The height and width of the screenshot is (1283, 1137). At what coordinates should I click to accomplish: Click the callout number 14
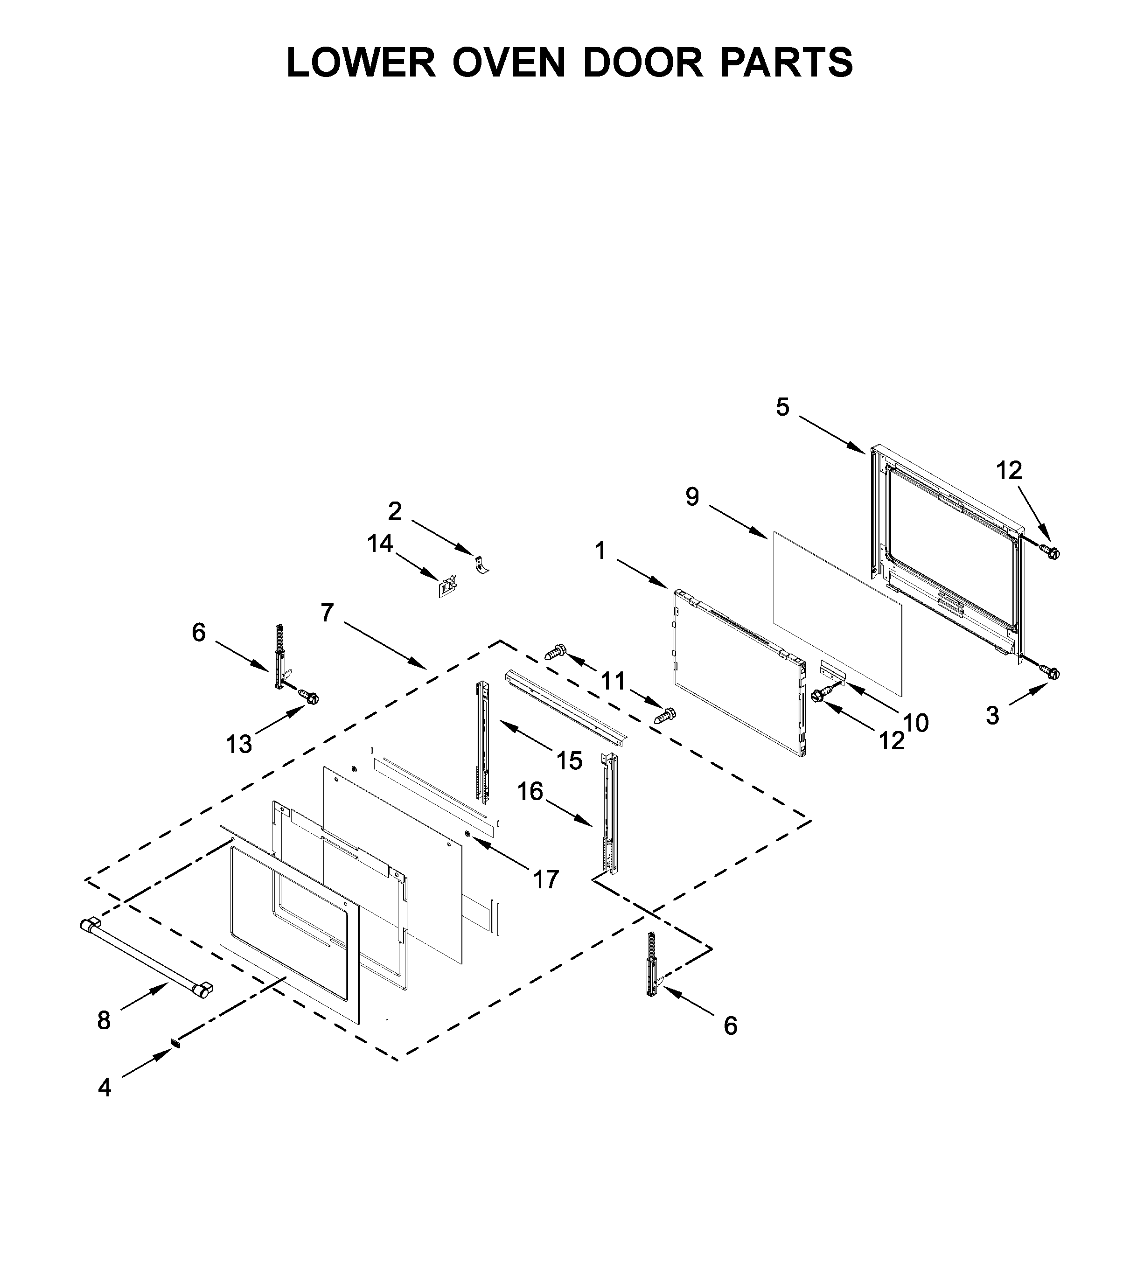tap(380, 544)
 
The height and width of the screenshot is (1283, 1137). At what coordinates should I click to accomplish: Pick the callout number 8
tap(104, 1021)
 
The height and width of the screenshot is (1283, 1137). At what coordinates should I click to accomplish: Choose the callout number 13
tap(239, 745)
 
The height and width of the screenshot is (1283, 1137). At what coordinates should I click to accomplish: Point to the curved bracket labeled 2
tap(482, 565)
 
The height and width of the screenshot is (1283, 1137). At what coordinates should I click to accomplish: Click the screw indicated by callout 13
tap(308, 696)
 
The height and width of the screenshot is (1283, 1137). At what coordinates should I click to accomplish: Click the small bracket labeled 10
tap(833, 669)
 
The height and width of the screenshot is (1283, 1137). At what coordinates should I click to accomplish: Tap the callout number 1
tap(600, 551)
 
